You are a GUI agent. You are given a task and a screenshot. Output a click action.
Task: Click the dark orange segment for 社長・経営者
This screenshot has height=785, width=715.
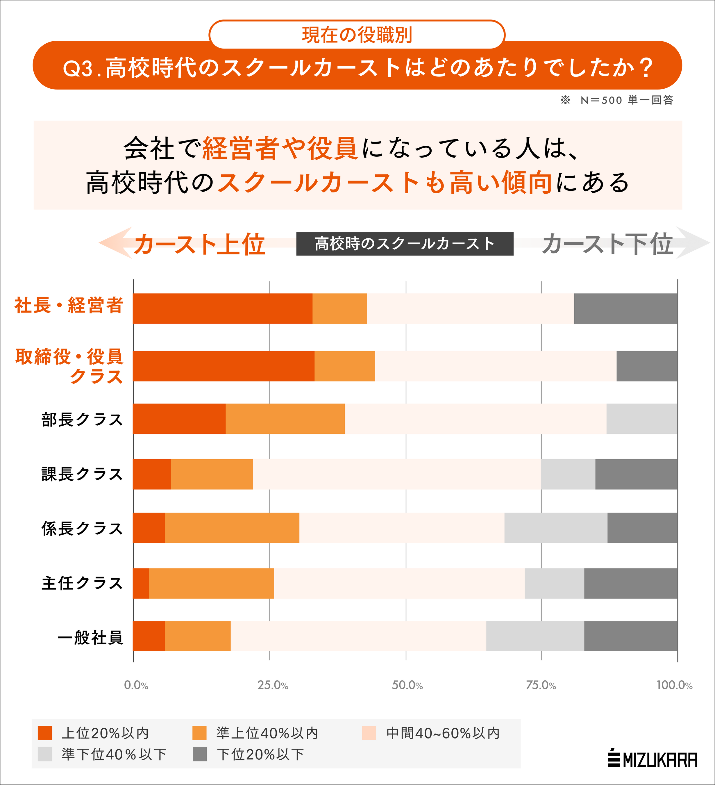[223, 308]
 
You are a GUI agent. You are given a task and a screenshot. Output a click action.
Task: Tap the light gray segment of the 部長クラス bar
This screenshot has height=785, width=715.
[641, 419]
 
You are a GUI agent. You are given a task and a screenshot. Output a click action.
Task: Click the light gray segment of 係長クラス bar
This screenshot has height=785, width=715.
[555, 528]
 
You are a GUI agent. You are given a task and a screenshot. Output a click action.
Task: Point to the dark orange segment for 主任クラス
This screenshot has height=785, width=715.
[141, 583]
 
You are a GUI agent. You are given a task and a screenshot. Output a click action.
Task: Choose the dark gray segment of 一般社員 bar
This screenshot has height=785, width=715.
[630, 636]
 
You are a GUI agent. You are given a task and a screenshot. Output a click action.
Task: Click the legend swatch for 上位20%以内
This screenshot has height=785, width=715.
[45, 733]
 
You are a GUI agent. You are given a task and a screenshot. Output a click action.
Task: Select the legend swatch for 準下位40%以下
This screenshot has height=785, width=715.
[45, 754]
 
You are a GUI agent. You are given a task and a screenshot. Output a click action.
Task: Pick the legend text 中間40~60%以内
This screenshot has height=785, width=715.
[443, 733]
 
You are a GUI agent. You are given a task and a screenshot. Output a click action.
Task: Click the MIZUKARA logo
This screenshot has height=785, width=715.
[652, 759]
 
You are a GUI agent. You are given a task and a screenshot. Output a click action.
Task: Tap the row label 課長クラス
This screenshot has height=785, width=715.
[82, 474]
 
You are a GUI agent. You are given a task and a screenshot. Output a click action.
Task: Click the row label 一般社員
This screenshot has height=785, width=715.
[90, 637]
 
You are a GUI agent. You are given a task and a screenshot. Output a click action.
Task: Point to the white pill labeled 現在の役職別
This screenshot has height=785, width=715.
[357, 35]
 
